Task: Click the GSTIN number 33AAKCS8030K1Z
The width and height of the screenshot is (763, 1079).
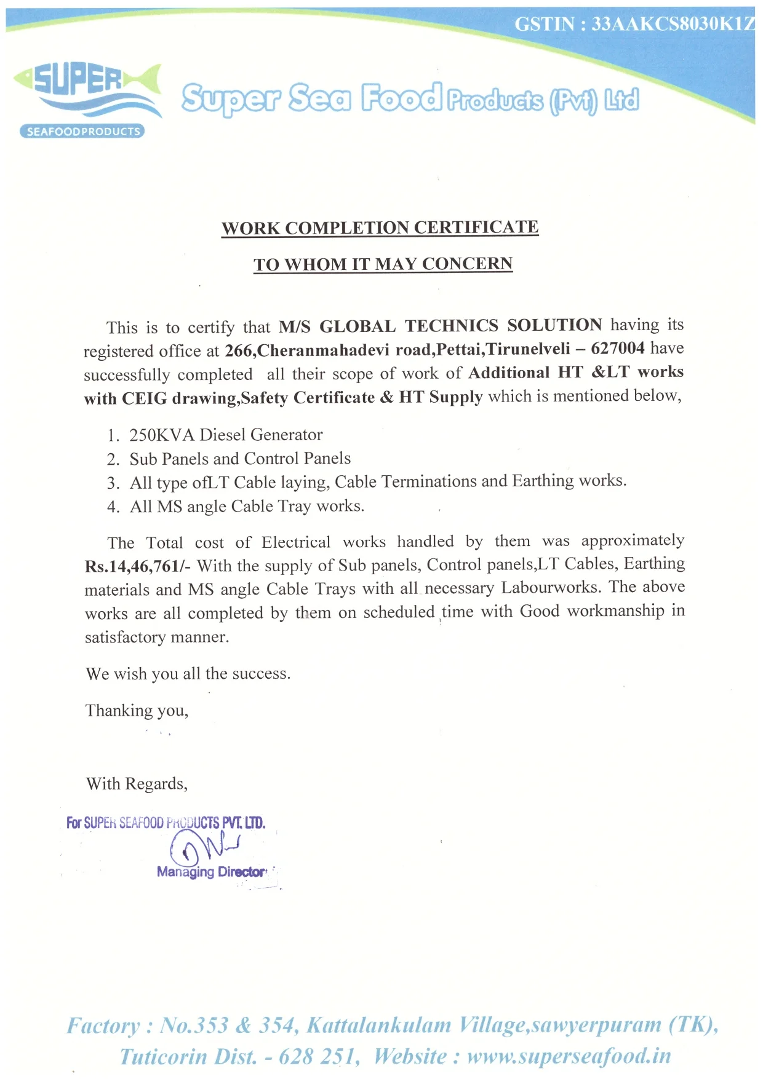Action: point(673,24)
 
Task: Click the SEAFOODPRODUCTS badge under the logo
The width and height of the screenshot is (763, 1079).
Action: point(82,132)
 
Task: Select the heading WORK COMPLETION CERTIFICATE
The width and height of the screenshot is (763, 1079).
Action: point(380,227)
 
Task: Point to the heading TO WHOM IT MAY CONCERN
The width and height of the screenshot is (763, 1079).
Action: point(383,264)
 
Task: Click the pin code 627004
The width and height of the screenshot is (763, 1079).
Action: point(617,348)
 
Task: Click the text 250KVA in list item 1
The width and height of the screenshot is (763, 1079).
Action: point(162,435)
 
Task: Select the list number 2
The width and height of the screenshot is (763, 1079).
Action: point(113,459)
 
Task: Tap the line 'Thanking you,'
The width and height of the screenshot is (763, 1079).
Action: point(137,711)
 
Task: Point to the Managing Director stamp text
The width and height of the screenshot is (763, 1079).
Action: point(211,872)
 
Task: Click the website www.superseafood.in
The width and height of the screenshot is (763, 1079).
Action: point(569,1056)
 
